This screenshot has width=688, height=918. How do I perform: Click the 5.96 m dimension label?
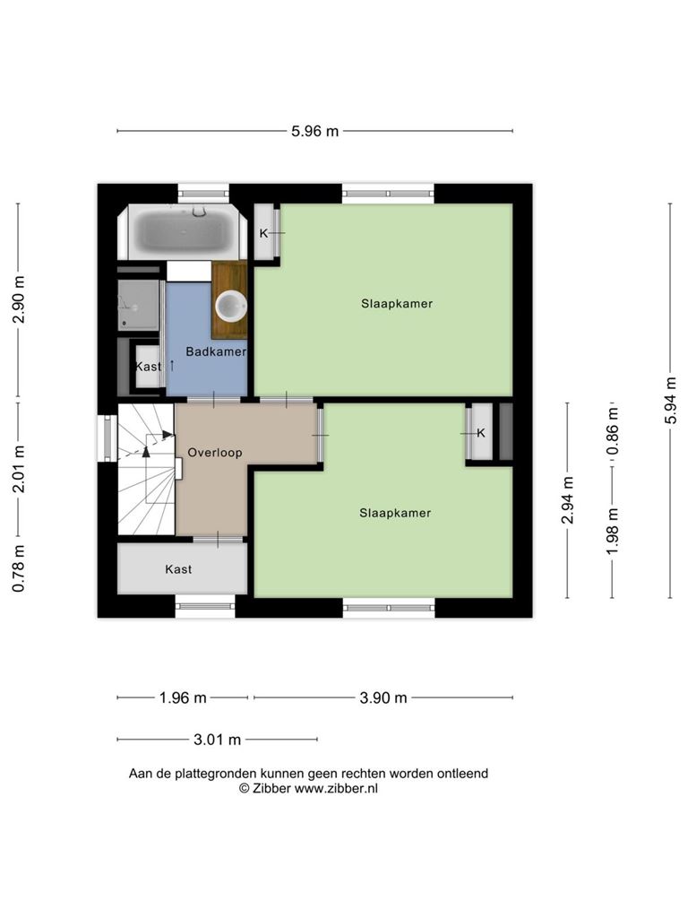click(314, 131)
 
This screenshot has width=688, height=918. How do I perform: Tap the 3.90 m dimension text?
click(383, 697)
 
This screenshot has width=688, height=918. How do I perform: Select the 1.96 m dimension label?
click(183, 697)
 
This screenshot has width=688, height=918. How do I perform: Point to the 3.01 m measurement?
click(217, 740)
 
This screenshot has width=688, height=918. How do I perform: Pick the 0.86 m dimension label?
click(612, 431)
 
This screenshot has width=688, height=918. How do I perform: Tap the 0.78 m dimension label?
click(18, 567)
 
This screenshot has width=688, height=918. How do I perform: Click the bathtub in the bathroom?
click(183, 232)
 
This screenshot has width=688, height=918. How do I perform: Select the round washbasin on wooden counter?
click(231, 306)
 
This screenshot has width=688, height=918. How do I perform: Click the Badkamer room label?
click(216, 351)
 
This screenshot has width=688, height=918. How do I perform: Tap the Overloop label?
click(215, 453)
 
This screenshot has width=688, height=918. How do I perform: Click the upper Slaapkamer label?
click(397, 303)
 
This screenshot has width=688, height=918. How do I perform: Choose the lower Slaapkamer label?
click(395, 513)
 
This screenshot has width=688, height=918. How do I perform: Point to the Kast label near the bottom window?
click(178, 569)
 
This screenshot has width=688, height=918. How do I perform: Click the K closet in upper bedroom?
click(266, 231)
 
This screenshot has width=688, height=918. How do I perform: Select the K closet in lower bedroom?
click(481, 432)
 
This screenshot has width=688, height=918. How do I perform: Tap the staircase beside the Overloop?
click(146, 469)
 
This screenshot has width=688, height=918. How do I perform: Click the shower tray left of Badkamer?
click(138, 305)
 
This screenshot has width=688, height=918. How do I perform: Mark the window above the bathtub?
click(203, 193)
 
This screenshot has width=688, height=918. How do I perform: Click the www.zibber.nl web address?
click(336, 789)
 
